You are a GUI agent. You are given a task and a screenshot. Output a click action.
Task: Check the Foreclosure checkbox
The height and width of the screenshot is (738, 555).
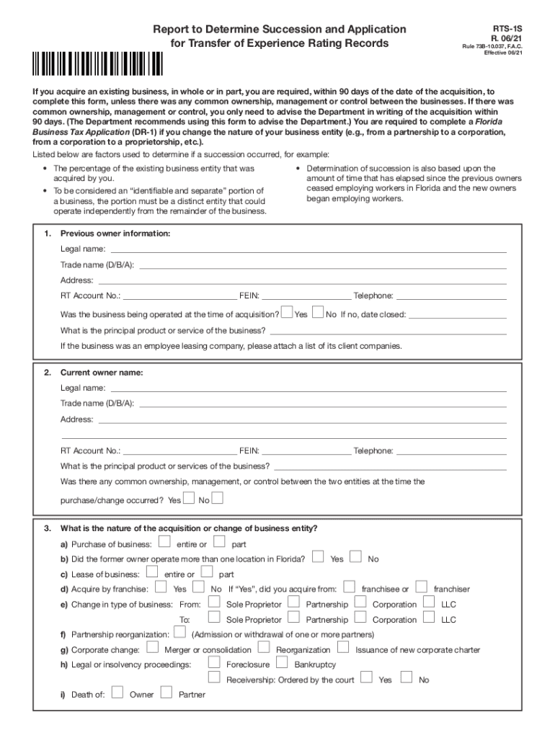tap(214, 662)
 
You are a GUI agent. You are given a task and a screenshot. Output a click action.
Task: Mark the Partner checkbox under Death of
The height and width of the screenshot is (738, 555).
tap(166, 693)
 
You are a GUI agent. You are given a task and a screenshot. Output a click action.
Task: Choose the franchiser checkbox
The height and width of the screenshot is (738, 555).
tap(422, 587)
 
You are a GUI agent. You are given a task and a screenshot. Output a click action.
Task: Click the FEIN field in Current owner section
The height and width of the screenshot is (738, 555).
tap(306, 451)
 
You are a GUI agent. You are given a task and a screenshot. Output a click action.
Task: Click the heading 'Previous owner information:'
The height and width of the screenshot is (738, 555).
tap(115, 234)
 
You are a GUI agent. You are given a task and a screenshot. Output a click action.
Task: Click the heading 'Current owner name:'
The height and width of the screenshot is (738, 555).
tap(102, 373)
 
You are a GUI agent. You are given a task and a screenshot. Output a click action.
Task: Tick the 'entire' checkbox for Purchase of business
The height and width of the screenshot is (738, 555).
tap(164, 541)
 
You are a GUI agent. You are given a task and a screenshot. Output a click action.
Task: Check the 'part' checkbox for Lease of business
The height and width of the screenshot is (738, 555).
tap(207, 572)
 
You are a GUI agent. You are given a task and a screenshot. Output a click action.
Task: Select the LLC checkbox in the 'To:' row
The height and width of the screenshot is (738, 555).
tap(429, 617)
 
